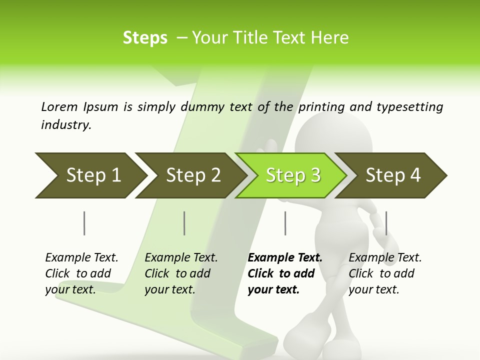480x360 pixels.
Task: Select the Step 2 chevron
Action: click(x=190, y=175)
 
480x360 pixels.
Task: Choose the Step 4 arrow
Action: click(x=392, y=175)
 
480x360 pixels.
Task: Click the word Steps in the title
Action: click(x=145, y=38)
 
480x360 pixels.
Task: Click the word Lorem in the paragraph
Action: click(x=59, y=106)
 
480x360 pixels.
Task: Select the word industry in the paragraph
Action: click(x=66, y=125)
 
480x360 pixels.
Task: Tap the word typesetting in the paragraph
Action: click(x=409, y=107)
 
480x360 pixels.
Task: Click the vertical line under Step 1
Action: click(x=84, y=223)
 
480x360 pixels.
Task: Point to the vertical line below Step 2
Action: click(x=184, y=223)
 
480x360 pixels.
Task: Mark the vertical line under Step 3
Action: click(x=285, y=223)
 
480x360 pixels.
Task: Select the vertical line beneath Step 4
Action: click(x=386, y=223)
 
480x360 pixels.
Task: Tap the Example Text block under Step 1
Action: click(x=81, y=273)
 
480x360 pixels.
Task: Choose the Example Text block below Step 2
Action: click(x=181, y=273)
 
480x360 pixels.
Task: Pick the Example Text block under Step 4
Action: click(x=385, y=273)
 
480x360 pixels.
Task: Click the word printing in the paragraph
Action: click(x=320, y=107)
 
